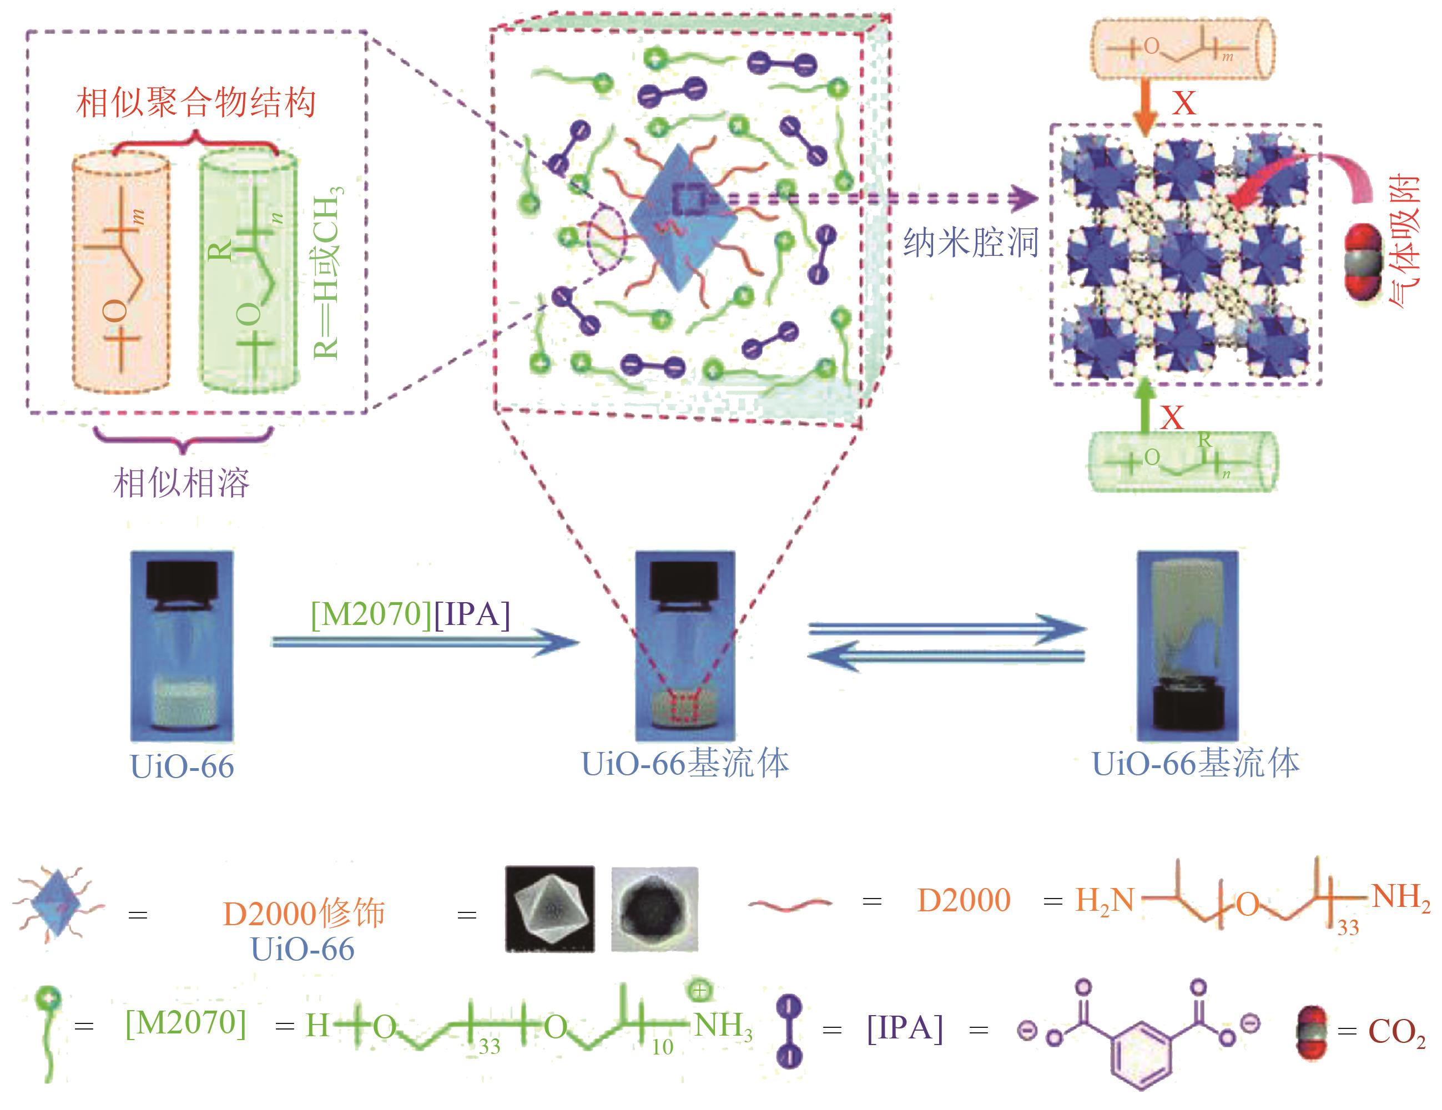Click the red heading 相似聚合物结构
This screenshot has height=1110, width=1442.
pos(196,103)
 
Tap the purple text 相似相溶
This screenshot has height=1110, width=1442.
pos(181,483)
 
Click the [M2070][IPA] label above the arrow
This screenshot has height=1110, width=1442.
pos(411,614)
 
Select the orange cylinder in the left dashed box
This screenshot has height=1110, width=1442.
pos(121,271)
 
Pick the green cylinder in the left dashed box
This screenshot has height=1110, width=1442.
pos(248,271)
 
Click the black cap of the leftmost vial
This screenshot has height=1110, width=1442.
pos(181,581)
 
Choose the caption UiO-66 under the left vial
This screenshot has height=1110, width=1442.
pos(182,766)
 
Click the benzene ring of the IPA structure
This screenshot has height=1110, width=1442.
pos(1142,1054)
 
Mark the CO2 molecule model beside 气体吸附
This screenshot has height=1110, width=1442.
pos(1363,264)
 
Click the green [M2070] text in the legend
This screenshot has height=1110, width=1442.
pos(186,1023)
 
